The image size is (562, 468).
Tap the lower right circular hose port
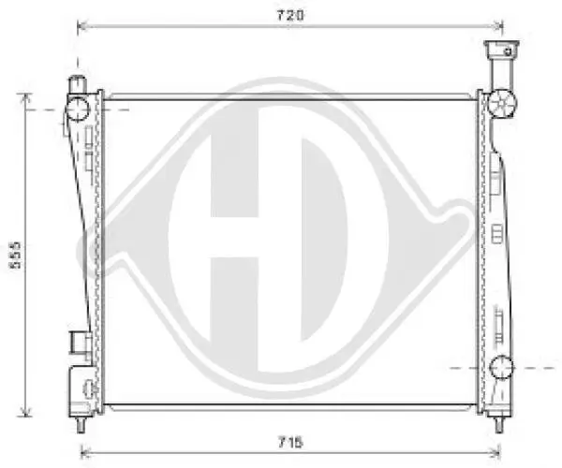[x=500, y=366]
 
